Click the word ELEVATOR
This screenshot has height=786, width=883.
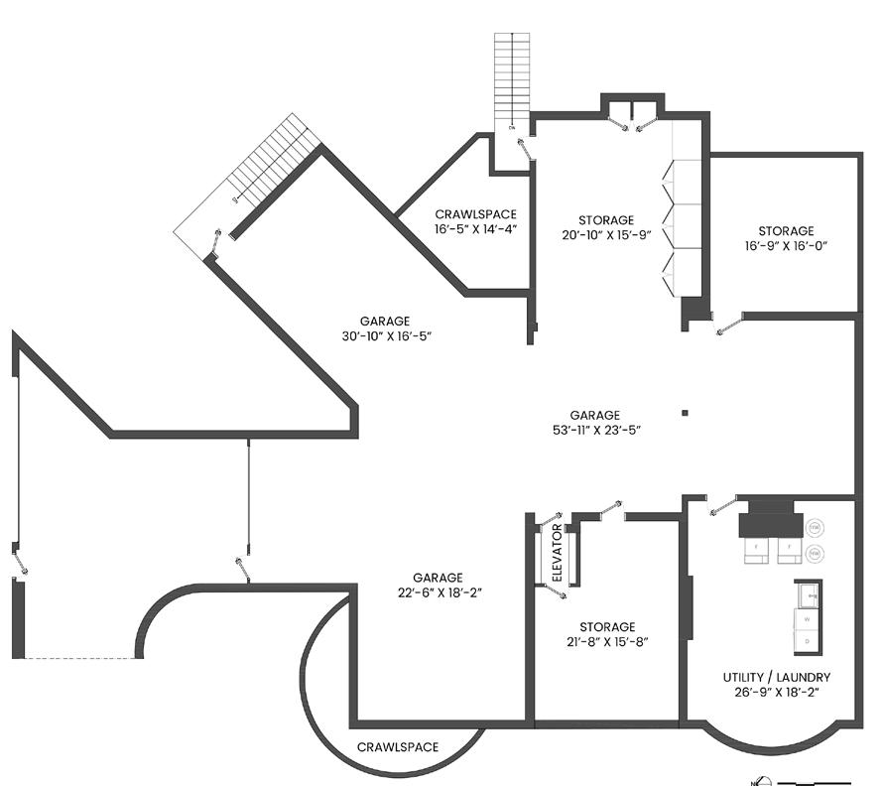coord(557,553)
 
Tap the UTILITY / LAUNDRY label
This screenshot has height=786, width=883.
coord(776,677)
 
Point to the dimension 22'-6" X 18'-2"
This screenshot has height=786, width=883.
coord(438,592)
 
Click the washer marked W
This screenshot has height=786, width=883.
coord(807,618)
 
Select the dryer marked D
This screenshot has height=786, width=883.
coord(807,641)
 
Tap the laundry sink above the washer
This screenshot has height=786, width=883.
coord(808,594)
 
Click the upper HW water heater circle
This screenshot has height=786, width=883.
coord(815,526)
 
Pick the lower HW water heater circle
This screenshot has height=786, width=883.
coord(815,553)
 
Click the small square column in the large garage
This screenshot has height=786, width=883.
coord(685,413)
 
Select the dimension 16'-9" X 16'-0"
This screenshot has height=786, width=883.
coord(786,247)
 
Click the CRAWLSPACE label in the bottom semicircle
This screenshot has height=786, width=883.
coord(397,747)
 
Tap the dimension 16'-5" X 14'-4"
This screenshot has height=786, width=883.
coord(475,229)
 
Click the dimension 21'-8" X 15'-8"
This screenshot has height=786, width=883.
coord(607,643)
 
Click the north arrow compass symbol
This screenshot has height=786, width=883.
coord(757,778)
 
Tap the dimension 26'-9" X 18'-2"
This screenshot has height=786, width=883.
coord(776,692)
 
